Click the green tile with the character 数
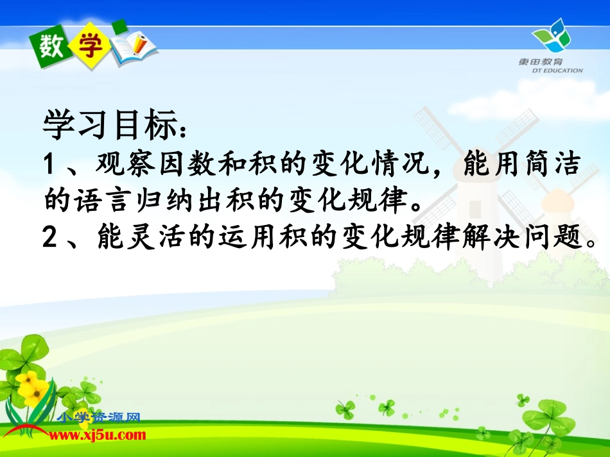click(x=52, y=46)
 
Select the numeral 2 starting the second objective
click(x=51, y=238)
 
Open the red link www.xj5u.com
click(x=98, y=435)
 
